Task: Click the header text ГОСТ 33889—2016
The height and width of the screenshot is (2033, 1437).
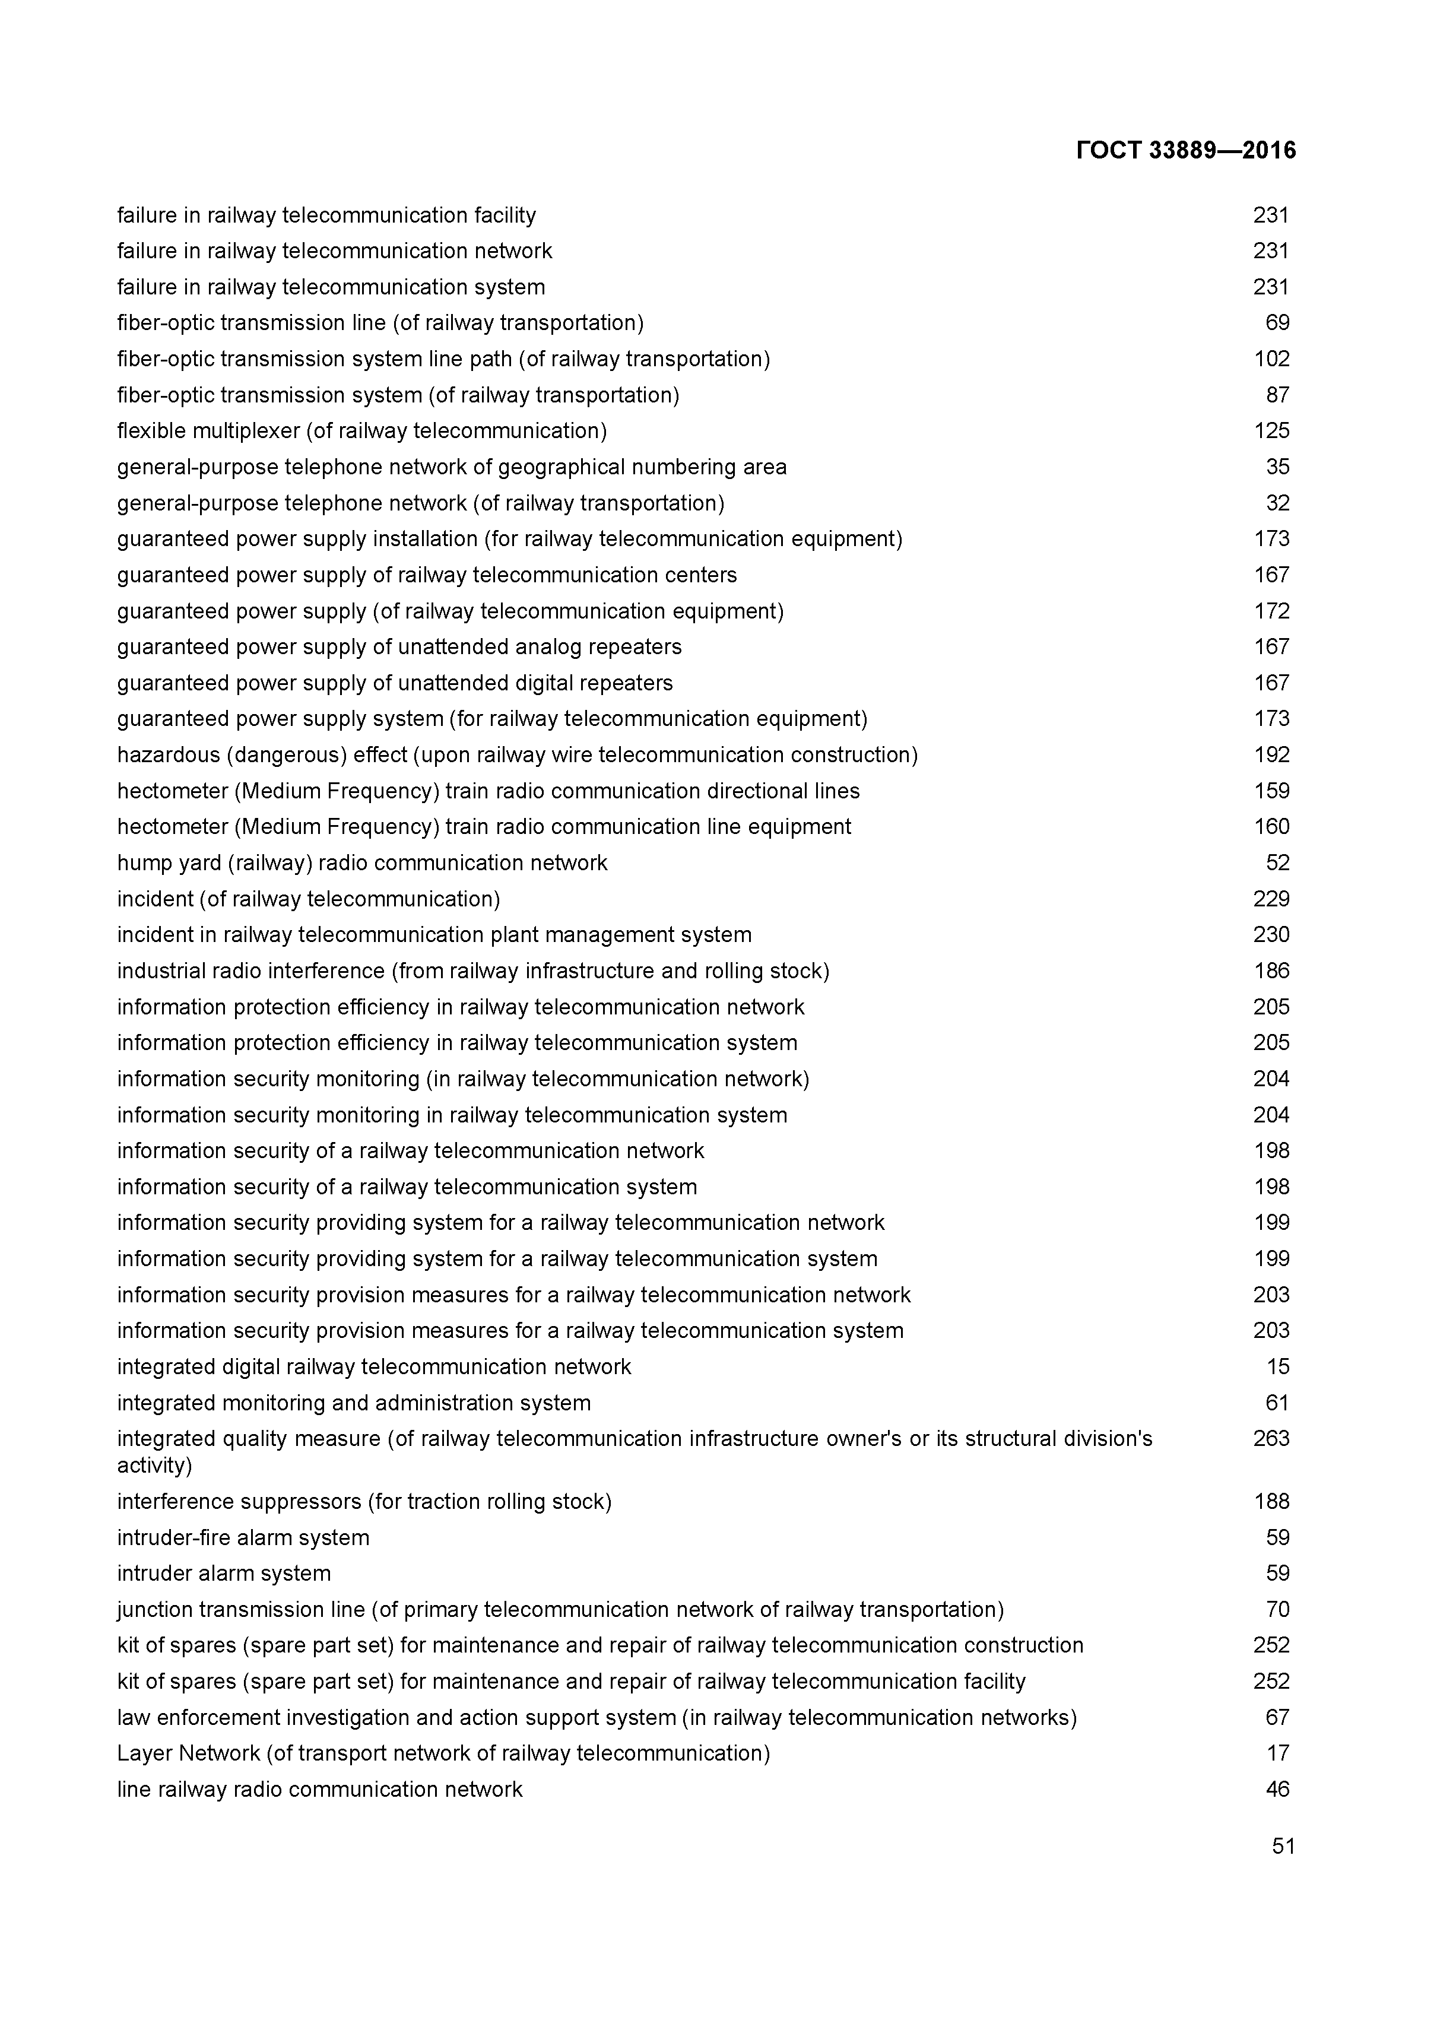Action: pyautogui.click(x=1185, y=151)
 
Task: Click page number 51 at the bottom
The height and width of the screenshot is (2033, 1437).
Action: pyautogui.click(x=1283, y=1846)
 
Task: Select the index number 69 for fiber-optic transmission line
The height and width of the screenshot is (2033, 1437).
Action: pyautogui.click(x=1277, y=323)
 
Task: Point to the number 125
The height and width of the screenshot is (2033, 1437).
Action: pyautogui.click(x=1271, y=431)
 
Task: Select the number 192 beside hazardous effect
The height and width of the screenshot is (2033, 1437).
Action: pyautogui.click(x=1271, y=755)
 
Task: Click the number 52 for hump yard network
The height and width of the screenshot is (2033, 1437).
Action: pyautogui.click(x=1277, y=863)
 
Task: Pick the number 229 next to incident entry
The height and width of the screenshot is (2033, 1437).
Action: pyautogui.click(x=1271, y=900)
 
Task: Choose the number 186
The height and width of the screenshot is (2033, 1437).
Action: pyautogui.click(x=1271, y=971)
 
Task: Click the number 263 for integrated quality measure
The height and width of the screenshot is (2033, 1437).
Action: pyautogui.click(x=1271, y=1439)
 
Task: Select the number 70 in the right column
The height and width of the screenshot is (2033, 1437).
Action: pyautogui.click(x=1277, y=1610)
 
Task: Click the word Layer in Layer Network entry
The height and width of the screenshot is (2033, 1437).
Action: pyautogui.click(x=144, y=1753)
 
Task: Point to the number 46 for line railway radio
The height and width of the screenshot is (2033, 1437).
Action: pyautogui.click(x=1277, y=1790)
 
